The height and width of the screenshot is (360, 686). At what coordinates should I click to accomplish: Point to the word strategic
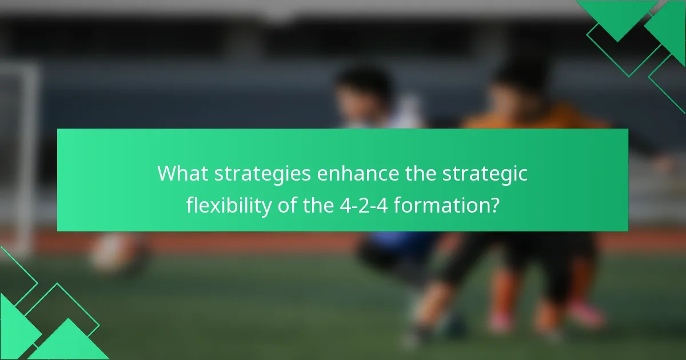(485, 174)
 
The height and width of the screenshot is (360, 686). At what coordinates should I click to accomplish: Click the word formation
(440, 205)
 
